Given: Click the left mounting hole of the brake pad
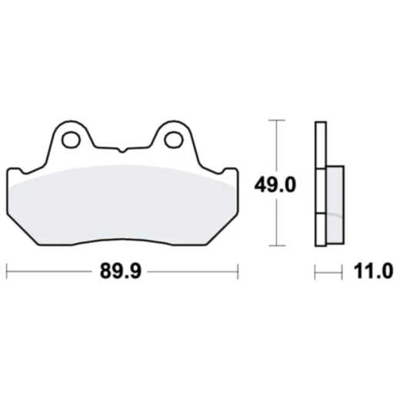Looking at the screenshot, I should click(x=71, y=141).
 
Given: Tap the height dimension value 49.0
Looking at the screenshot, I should click(x=275, y=185).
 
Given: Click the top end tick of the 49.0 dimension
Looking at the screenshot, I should click(x=275, y=121).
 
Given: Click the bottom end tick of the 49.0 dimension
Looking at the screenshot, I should click(x=275, y=247).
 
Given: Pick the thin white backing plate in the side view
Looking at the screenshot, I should click(x=319, y=185).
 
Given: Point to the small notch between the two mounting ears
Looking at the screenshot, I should click(x=122, y=149).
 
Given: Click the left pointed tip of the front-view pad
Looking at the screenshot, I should click(x=7, y=171).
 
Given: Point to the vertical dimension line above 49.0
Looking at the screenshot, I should click(x=275, y=146).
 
